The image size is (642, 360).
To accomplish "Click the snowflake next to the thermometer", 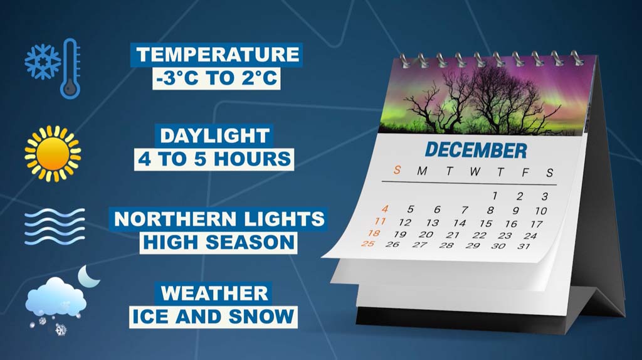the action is pos(43,62).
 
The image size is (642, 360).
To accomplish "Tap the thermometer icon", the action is pos(70,69).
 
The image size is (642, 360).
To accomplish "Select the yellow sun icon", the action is pos(53,154).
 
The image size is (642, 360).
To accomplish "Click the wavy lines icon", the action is pos(55,226).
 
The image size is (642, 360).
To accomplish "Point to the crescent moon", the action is pos(88,277).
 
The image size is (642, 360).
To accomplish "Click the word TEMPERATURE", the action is pos(218,55).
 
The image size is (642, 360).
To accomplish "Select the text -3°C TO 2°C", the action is pos(216,78).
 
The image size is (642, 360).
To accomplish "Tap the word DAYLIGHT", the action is pos(214,135).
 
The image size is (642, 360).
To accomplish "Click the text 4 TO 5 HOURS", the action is pos(214,159).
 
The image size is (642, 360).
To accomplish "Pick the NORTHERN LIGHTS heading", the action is pos(219,219).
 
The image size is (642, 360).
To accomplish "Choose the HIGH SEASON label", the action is pos(219,243).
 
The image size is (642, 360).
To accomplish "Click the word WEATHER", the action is pos(214,294).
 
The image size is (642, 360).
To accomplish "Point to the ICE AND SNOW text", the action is pos(213,317).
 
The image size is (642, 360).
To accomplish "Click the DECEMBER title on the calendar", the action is pos(476,151).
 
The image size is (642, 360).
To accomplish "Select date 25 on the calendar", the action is pos(368,243).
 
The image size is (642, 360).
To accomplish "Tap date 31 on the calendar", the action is pos(524,246).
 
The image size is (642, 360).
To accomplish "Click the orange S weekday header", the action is pos(397,169).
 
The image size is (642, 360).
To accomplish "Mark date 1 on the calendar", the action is pos(495,196).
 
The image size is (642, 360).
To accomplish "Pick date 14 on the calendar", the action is pos(460,223).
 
